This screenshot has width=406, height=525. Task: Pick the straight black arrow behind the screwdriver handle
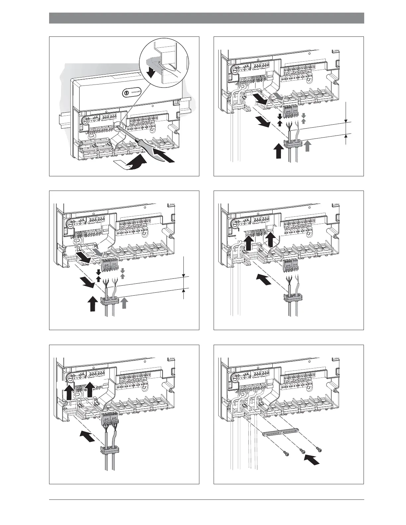[166, 158]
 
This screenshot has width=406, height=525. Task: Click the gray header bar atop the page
[206, 18]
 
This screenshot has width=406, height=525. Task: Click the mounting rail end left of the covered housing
[64, 118]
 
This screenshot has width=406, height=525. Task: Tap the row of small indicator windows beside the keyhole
[137, 91]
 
